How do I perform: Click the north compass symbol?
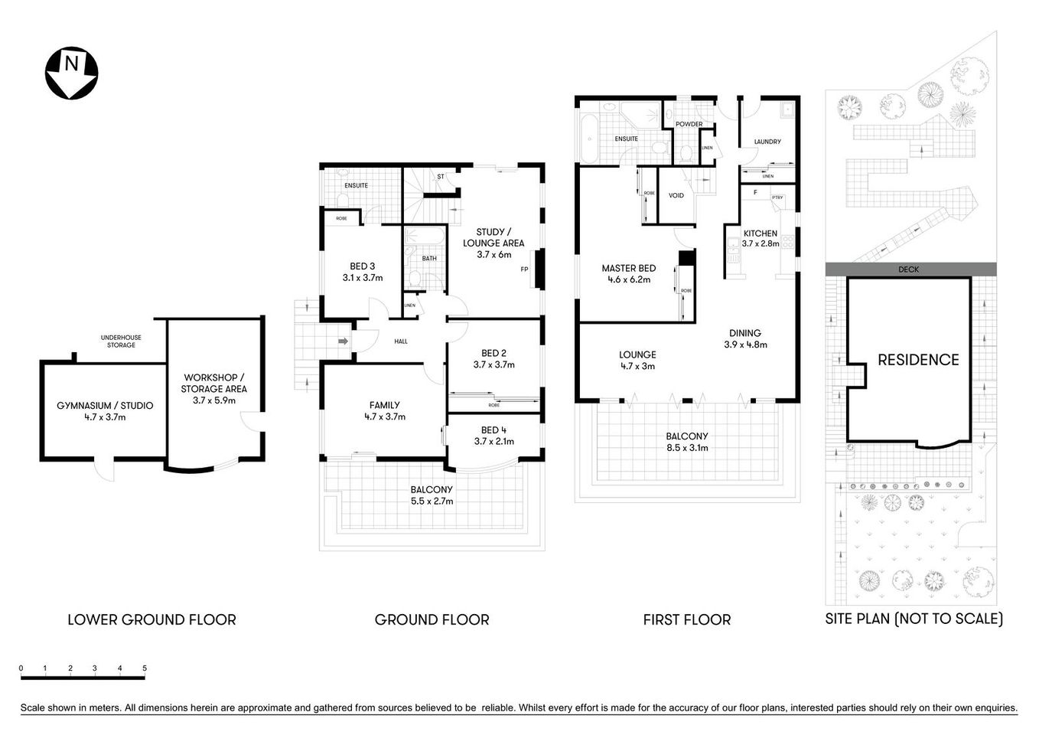(71, 73)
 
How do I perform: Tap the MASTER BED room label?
(628, 269)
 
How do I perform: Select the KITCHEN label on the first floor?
(760, 234)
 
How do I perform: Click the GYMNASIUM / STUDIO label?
(105, 406)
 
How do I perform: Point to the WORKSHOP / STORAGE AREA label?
(213, 383)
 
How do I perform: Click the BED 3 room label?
(362, 266)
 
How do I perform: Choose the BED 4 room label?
(493, 430)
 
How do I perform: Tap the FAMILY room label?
(384, 405)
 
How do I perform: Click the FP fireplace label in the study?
(524, 269)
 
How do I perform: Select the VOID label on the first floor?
(676, 195)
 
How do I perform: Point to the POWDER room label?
(689, 124)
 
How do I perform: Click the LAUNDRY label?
(767, 142)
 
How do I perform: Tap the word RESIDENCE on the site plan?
(917, 360)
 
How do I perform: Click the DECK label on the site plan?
(909, 269)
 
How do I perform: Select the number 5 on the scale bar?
(145, 668)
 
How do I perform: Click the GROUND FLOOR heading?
(432, 619)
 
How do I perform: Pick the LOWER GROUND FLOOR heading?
(151, 619)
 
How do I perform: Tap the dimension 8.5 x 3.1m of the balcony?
(686, 448)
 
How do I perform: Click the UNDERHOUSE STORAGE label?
(121, 341)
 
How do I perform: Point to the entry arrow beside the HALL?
(342, 341)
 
